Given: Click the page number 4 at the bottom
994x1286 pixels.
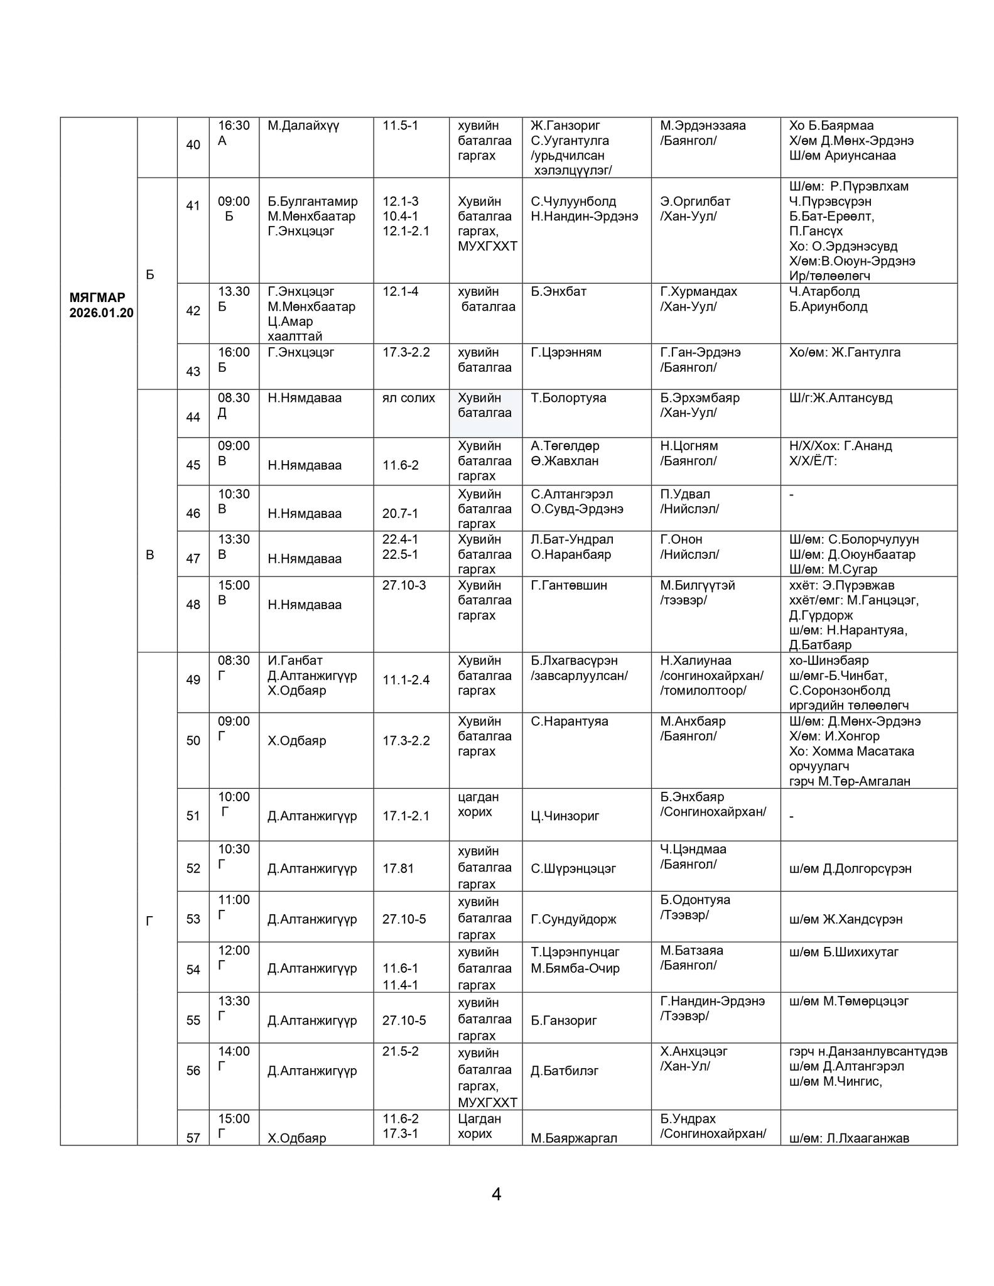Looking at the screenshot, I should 496,1194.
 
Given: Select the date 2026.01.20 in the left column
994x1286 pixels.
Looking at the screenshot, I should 101,313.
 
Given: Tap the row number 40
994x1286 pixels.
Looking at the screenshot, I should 193,145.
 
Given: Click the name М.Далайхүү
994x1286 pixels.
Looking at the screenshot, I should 303,126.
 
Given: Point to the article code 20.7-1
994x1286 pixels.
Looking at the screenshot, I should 400,513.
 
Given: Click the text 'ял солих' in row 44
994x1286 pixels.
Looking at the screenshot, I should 408,397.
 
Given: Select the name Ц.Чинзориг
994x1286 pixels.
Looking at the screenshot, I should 565,816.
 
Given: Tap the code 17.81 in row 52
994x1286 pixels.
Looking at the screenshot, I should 397,868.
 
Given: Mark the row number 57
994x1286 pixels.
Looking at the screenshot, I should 193,1138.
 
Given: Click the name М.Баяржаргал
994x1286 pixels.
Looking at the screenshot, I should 574,1138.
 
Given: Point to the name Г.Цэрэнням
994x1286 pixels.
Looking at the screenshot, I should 566,352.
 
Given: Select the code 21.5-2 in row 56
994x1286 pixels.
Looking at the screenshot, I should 400,1051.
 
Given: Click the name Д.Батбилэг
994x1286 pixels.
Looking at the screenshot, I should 565,1071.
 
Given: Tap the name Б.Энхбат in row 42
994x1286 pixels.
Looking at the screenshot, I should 558,291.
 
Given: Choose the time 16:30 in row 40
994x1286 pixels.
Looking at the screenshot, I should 234,126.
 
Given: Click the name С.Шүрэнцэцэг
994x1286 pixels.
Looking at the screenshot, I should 573,868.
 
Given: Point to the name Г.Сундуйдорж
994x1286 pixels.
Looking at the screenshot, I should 573,919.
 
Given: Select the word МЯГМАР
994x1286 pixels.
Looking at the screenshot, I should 97,297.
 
